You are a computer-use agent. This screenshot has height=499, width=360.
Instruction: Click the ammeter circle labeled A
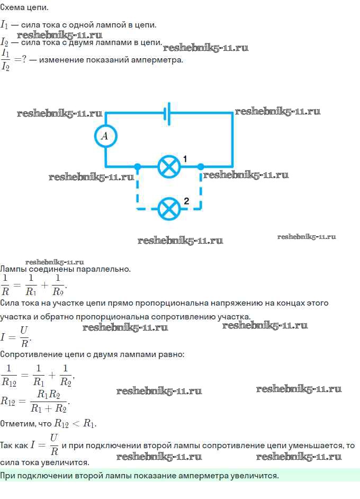tap(105, 136)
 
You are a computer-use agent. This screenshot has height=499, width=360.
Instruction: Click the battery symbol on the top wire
tap(167, 113)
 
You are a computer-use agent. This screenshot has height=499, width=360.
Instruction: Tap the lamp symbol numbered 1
tap(169, 166)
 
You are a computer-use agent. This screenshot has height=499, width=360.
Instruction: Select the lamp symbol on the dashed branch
tap(169, 209)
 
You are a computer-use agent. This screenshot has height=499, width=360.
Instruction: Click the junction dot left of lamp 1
tap(138, 166)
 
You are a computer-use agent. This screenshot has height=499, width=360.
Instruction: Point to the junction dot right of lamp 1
tap(201, 166)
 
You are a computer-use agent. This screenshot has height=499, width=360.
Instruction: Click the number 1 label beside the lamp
tap(185, 158)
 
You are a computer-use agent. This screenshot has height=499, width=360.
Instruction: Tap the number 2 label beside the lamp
tap(186, 201)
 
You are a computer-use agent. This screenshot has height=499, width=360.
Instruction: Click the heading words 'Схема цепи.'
tap(24, 7)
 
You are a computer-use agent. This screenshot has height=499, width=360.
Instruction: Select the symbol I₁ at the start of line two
tap(4, 24)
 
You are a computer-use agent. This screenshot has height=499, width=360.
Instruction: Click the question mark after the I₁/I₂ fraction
tap(24, 59)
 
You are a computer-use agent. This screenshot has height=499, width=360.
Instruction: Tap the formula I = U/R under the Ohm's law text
tap(16, 336)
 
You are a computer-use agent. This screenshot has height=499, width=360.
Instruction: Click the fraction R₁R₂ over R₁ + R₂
tap(49, 402)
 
